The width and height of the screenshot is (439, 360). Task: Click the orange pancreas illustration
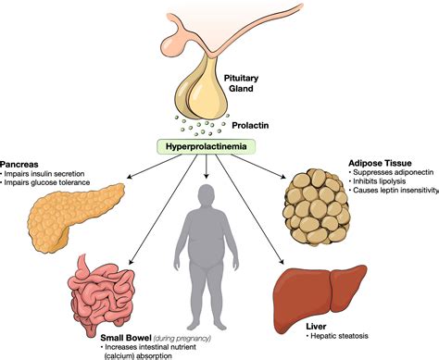(x=56, y=209)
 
